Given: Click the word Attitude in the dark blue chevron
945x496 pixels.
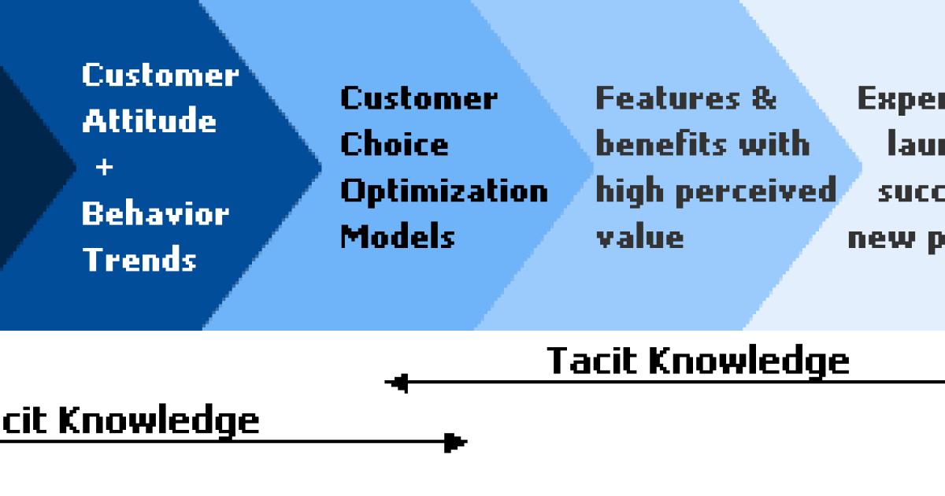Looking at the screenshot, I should (x=149, y=121).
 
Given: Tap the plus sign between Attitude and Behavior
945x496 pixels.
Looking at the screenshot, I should (x=104, y=168).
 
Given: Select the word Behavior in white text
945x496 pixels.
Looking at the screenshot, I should (x=155, y=213).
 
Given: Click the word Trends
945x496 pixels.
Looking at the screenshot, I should (x=139, y=259).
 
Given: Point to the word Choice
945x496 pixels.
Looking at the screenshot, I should (x=394, y=144).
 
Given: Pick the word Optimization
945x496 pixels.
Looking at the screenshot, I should (x=443, y=191).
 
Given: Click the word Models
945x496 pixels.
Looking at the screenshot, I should (x=397, y=236).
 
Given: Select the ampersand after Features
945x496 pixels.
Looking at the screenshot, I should (x=762, y=98).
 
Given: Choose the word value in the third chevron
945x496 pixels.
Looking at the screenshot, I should (x=639, y=237).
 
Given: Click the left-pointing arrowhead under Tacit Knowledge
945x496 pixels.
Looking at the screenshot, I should (x=397, y=383).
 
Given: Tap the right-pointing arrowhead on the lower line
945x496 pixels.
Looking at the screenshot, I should (x=455, y=442).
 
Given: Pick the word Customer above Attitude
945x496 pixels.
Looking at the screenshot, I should (x=160, y=76).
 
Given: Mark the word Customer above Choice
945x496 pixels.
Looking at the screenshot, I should (x=418, y=98).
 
